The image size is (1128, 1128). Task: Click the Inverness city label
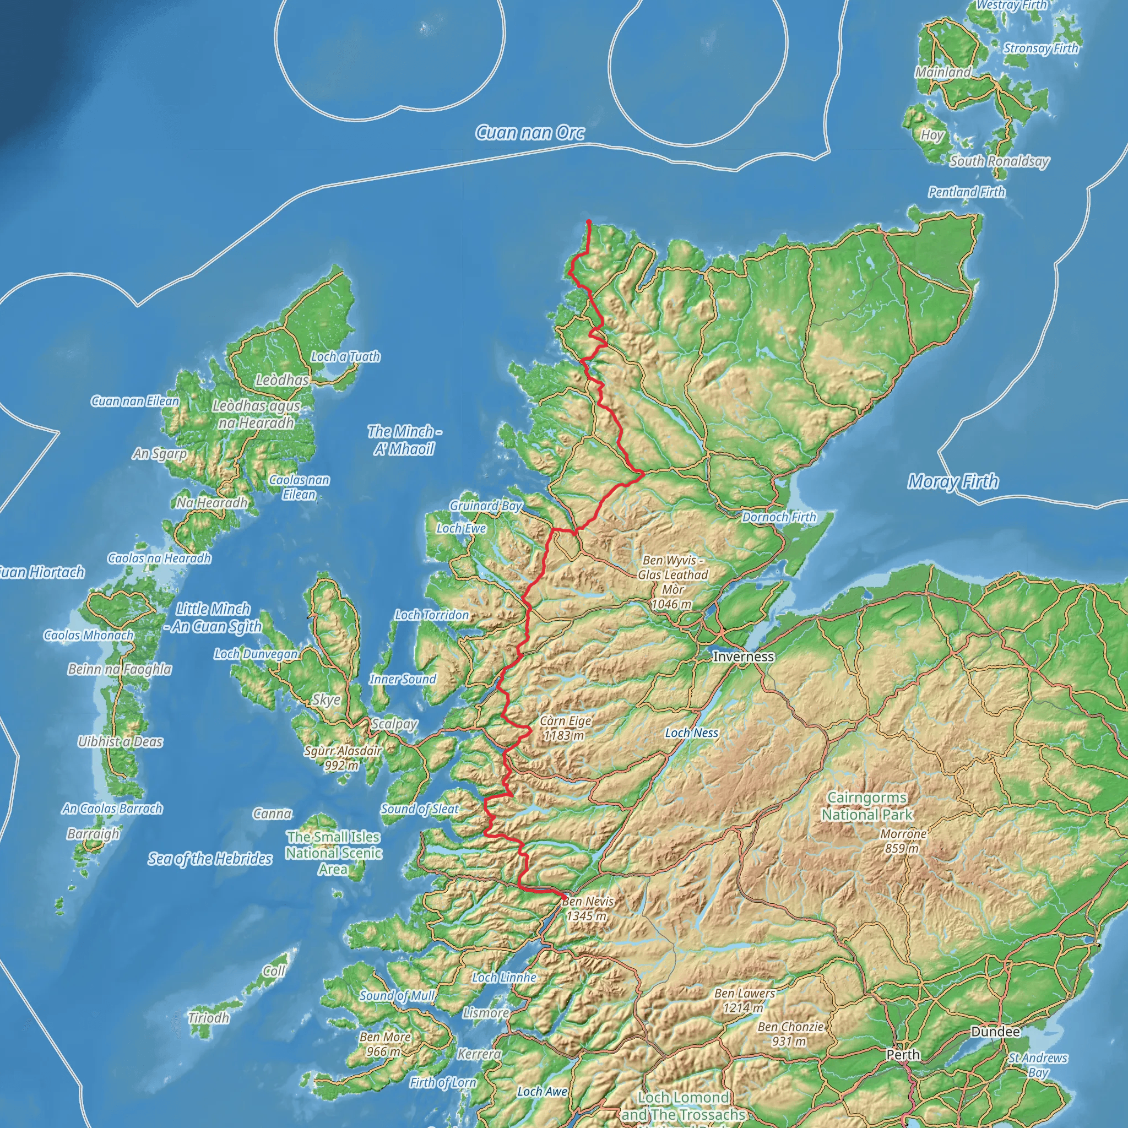tap(743, 656)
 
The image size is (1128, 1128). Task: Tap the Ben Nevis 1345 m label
tap(587, 908)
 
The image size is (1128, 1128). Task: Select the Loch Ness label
tap(691, 733)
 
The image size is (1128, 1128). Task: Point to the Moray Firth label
tap(953, 482)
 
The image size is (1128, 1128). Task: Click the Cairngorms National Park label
tap(866, 806)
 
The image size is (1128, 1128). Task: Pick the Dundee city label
tap(995, 1032)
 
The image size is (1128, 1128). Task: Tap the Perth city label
tap(903, 1054)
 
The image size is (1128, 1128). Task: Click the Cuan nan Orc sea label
tap(529, 133)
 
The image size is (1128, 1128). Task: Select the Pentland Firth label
tap(967, 192)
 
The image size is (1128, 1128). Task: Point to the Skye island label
tap(326, 699)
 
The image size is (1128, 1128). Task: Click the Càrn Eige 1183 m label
tap(565, 728)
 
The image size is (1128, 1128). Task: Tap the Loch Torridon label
tap(431, 615)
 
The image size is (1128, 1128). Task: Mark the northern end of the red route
tap(589, 221)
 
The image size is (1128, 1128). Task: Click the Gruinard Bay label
tap(485, 506)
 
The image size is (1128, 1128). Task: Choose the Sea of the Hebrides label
tap(210, 858)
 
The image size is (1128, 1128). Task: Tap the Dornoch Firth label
tap(779, 517)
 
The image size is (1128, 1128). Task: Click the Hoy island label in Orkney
tap(931, 135)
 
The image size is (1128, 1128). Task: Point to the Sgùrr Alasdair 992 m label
tap(343, 757)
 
